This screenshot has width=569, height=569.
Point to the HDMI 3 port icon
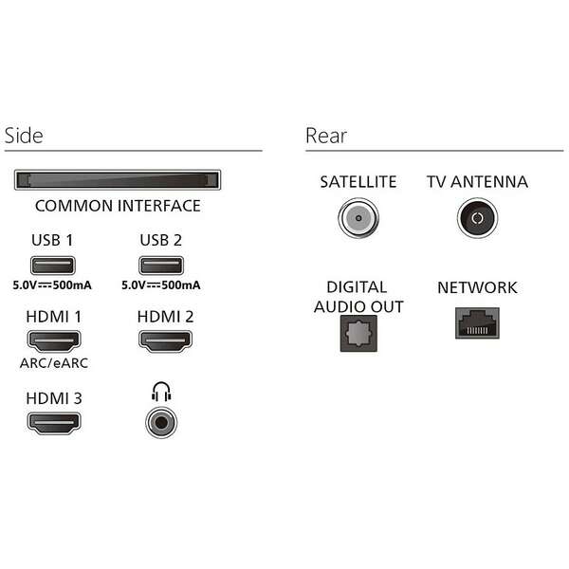(52, 423)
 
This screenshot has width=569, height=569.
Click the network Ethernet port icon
(476, 323)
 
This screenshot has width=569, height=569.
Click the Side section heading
(24, 136)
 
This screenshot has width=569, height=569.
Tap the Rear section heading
(326, 136)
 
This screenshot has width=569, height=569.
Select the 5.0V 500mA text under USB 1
(52, 285)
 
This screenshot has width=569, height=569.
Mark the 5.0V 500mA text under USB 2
(161, 285)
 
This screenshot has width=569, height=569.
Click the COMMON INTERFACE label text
(118, 206)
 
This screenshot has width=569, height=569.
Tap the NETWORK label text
(477, 287)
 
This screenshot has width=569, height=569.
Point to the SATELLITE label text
(358, 182)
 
